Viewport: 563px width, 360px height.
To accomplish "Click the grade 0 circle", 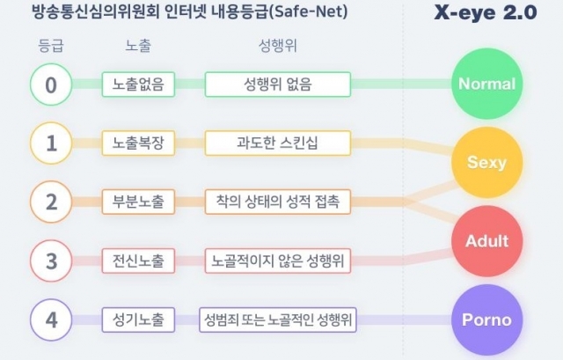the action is [51, 84].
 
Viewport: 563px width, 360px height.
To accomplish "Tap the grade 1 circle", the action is [51, 143].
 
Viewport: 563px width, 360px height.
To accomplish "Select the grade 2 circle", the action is [51, 202].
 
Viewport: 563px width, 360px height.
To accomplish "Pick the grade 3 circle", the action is [51, 261].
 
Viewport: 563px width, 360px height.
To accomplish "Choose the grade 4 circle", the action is [51, 320].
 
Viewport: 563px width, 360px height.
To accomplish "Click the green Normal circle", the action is [486, 84].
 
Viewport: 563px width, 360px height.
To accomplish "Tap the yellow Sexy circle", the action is [486, 162].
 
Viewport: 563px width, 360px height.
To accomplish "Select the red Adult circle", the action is [486, 241].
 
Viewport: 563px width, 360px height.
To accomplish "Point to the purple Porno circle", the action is [486, 320].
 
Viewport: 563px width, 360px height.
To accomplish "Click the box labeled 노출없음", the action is [138, 84].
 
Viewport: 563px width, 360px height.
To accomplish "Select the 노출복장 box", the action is [138, 143].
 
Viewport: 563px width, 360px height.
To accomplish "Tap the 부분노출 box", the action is [138, 202].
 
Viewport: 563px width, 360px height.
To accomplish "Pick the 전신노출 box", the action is [138, 261].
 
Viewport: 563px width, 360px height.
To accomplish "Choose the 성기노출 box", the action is [138, 320].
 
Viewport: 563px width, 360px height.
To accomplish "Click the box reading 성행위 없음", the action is [278, 84].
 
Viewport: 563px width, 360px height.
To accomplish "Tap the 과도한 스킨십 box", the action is [278, 143].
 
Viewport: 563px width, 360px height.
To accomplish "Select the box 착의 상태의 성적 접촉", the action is [278, 202].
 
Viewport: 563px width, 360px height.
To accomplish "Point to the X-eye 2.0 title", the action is [486, 13].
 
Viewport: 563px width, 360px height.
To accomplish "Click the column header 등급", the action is [51, 46].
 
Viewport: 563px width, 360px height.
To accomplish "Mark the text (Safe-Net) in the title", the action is [308, 11].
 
